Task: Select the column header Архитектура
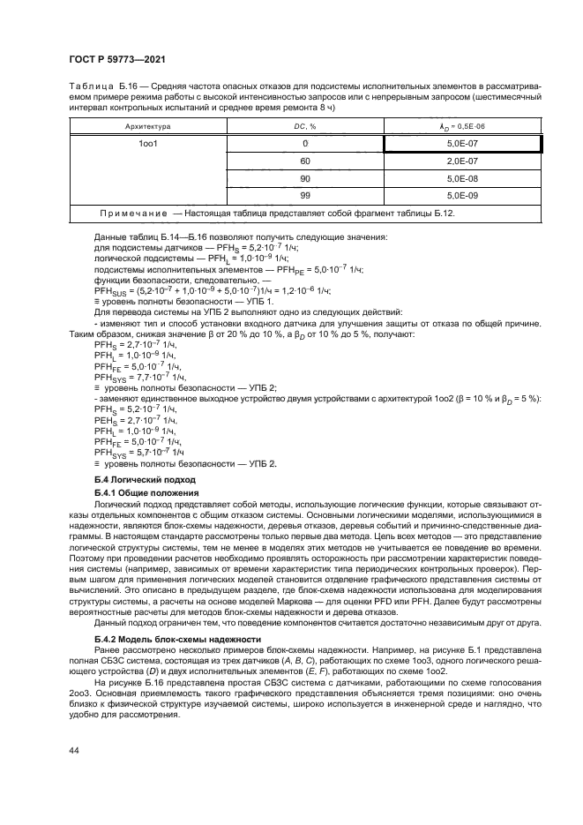[x=147, y=126]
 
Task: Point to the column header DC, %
[x=304, y=126]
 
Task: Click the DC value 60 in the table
[x=304, y=161]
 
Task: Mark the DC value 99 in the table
[x=304, y=196]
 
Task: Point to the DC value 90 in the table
[x=304, y=178]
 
